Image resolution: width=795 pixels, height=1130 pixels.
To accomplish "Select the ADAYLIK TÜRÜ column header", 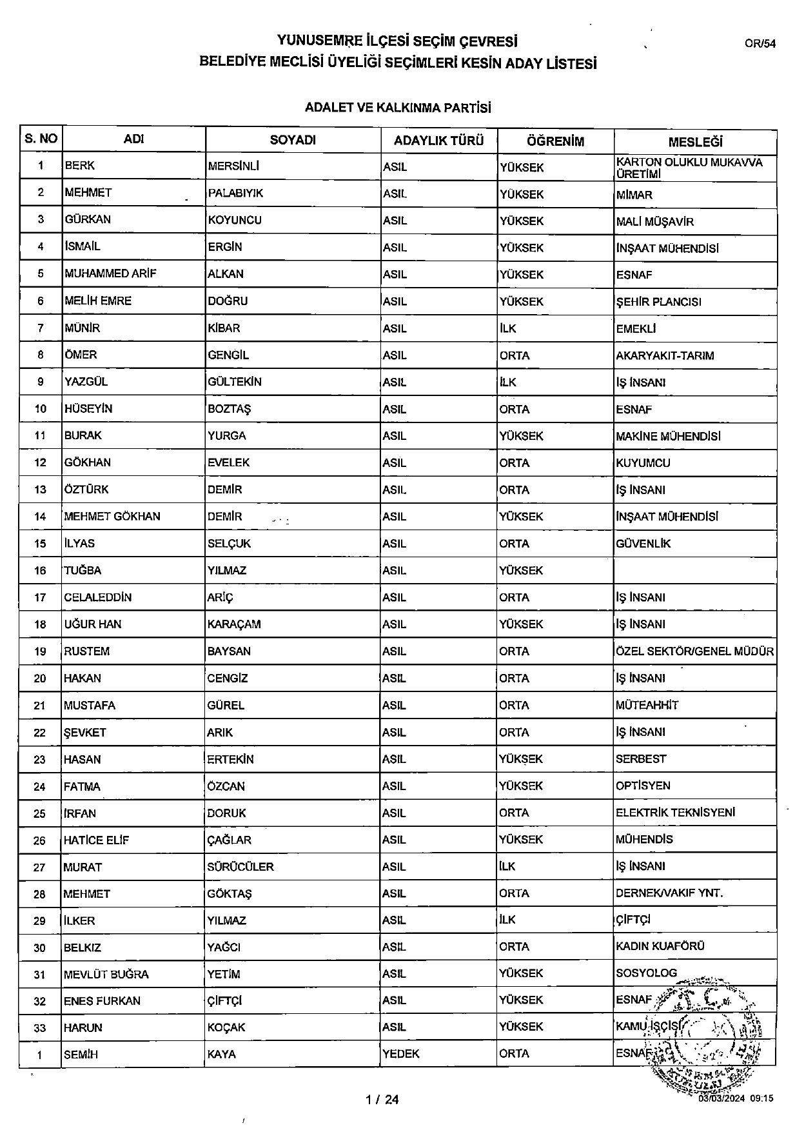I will click(x=438, y=141).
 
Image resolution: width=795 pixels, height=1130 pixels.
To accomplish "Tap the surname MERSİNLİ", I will click(x=233, y=166).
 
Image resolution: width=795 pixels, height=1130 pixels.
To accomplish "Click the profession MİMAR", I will click(x=634, y=195).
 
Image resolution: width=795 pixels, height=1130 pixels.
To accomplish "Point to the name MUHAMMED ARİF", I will click(x=111, y=273).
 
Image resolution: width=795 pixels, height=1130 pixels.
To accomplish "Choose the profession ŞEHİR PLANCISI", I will click(x=658, y=302).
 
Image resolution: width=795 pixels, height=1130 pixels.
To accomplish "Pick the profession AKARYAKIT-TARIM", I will click(x=665, y=355).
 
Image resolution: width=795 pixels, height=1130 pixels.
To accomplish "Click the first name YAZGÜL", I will click(x=86, y=382).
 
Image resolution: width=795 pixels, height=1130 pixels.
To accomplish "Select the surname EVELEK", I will click(x=228, y=462).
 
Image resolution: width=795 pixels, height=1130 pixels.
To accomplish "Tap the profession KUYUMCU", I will click(x=643, y=463).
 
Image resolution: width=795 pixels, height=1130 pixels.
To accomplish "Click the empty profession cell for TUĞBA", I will click(x=694, y=570).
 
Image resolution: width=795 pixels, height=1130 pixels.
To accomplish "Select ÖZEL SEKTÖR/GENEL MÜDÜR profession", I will click(x=694, y=651).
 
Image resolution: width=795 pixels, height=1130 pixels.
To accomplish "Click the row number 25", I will click(x=40, y=813).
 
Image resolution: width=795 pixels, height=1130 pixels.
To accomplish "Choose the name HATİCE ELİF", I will click(x=96, y=840).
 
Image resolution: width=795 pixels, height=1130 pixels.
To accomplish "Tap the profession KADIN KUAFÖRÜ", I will click(x=660, y=947).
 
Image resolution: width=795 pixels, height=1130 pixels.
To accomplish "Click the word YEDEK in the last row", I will click(x=401, y=1054).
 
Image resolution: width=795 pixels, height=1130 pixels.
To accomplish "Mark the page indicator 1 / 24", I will click(x=382, y=1100).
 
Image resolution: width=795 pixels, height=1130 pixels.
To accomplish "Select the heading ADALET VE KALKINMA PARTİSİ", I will click(x=398, y=108).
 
